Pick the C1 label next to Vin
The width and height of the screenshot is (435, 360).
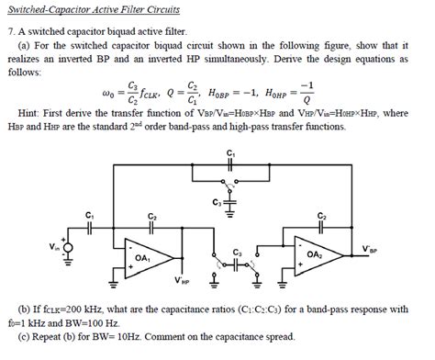click(x=89, y=215)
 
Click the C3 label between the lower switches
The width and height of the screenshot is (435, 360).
click(x=237, y=252)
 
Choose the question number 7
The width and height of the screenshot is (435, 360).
click(x=9, y=30)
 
